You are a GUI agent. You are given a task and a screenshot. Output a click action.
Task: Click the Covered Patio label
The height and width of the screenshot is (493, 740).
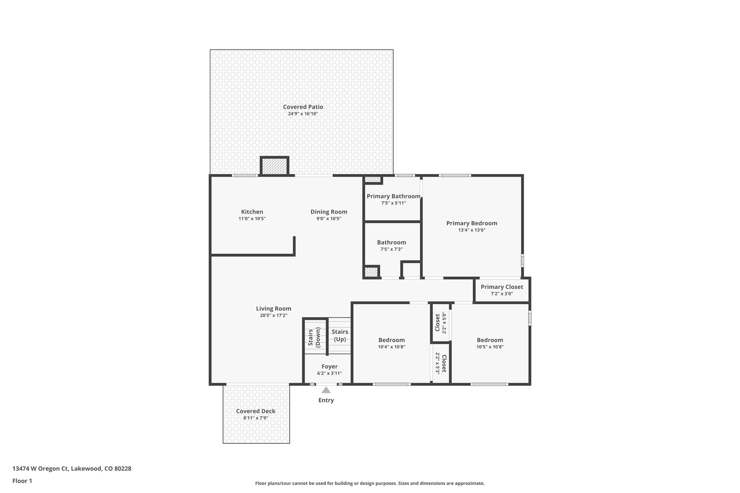pyautogui.click(x=303, y=107)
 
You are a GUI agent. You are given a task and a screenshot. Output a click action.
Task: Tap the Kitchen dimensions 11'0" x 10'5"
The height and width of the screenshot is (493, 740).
pyautogui.click(x=252, y=219)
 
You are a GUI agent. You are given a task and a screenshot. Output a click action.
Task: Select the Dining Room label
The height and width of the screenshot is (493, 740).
pyautogui.click(x=329, y=212)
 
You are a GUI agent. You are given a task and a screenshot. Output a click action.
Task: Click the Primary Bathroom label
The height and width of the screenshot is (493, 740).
pyautogui.click(x=393, y=196)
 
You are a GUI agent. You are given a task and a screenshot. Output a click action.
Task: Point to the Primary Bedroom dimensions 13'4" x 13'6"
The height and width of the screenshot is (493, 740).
pyautogui.click(x=472, y=230)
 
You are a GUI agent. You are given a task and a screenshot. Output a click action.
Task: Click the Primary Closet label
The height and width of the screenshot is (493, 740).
pyautogui.click(x=502, y=287)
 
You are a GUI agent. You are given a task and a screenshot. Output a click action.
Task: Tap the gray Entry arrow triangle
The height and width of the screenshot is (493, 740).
pyautogui.click(x=326, y=390)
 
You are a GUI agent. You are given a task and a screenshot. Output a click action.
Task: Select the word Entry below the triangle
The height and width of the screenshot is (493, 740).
pyautogui.click(x=326, y=400)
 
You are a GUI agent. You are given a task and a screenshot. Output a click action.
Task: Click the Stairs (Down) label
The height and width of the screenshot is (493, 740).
pyautogui.click(x=314, y=337)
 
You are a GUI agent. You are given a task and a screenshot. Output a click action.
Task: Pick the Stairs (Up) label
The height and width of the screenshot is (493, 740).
pyautogui.click(x=340, y=336)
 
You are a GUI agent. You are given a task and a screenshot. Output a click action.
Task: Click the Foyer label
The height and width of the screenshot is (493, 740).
pyautogui.click(x=330, y=367)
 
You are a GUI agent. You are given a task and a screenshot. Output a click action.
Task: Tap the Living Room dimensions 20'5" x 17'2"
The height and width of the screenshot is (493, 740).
pyautogui.click(x=274, y=316)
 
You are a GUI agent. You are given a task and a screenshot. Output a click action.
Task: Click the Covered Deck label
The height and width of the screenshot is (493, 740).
pyautogui.click(x=255, y=411)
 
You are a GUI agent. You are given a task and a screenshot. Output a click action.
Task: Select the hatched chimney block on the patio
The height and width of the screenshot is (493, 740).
pyautogui.click(x=274, y=167)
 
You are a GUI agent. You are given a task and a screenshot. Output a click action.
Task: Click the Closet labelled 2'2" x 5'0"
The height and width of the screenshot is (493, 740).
pyautogui.click(x=440, y=323)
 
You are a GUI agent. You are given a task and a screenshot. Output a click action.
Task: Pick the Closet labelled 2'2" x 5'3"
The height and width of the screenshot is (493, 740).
pyautogui.click(x=441, y=364)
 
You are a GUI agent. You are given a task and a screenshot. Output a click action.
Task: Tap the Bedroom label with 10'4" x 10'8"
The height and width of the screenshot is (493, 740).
pyautogui.click(x=391, y=340)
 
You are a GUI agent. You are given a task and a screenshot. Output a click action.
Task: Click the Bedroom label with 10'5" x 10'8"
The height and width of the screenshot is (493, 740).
pyautogui.click(x=490, y=340)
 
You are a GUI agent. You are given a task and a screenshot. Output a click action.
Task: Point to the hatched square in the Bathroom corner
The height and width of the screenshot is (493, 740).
pyautogui.click(x=371, y=272)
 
